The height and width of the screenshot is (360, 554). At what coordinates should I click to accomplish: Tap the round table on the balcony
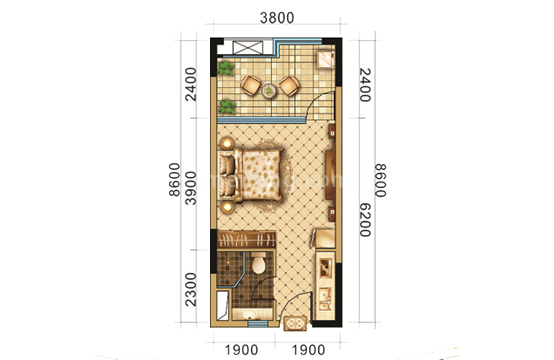[269, 90]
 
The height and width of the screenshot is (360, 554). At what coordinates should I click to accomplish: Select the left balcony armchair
[250, 85]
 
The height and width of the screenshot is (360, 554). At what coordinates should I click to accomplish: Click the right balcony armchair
[289, 86]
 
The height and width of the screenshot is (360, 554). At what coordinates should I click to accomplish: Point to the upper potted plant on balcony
[227, 69]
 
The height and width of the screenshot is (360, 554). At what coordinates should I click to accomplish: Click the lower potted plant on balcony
[227, 107]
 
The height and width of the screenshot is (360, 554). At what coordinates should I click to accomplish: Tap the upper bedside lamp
[227, 143]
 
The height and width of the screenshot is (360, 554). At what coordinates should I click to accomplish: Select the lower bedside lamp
[227, 208]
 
